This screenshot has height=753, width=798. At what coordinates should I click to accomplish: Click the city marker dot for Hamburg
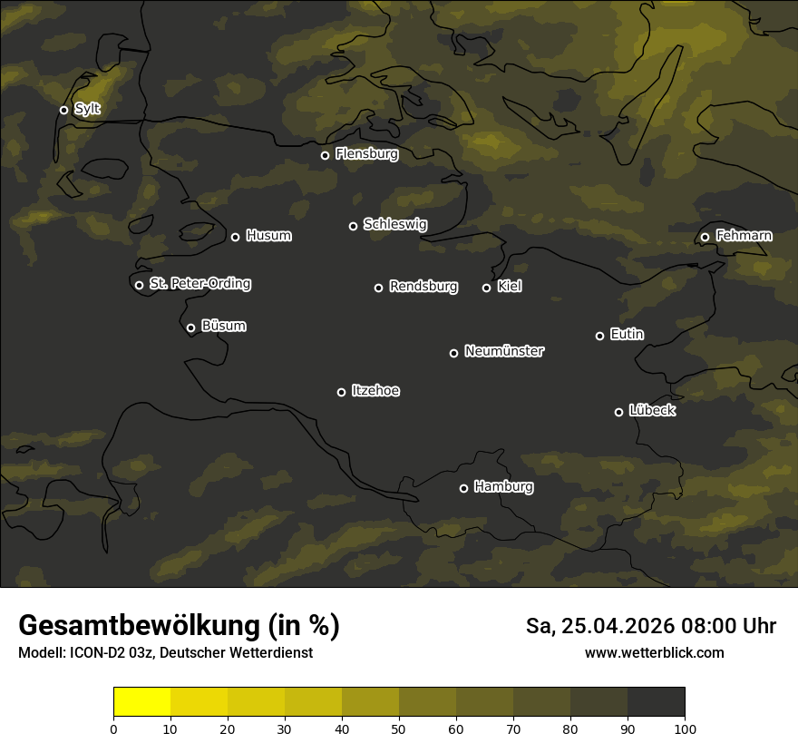click(463, 488)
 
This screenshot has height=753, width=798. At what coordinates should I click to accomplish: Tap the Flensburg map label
click(366, 154)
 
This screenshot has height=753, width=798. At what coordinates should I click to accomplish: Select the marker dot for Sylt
click(63, 110)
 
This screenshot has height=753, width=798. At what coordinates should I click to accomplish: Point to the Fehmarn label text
click(744, 236)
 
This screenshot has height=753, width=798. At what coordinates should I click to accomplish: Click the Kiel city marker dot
click(486, 288)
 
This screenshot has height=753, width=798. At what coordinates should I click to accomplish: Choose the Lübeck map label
click(652, 411)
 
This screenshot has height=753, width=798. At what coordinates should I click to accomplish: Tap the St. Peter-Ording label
click(199, 284)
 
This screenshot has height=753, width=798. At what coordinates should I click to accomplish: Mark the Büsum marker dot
click(190, 328)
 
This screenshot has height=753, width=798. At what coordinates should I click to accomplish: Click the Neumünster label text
click(504, 351)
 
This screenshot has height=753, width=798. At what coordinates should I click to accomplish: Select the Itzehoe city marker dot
click(341, 392)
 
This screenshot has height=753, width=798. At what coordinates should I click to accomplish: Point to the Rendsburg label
click(423, 287)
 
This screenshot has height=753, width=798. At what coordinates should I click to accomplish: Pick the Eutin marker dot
click(599, 336)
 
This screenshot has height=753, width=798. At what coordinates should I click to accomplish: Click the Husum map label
click(268, 236)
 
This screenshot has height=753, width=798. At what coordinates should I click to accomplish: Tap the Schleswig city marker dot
click(353, 226)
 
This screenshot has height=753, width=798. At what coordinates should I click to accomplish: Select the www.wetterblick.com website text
click(654, 652)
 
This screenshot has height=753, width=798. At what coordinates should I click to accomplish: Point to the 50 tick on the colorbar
click(399, 729)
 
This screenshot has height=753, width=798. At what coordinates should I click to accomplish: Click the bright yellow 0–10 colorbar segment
click(141, 702)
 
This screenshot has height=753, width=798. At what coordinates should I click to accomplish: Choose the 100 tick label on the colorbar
click(685, 729)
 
